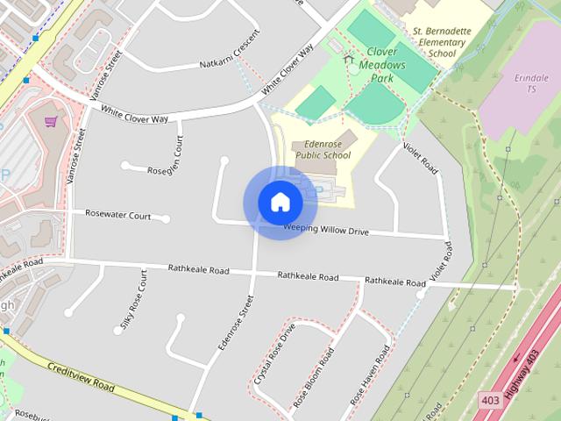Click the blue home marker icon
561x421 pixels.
point(280,203)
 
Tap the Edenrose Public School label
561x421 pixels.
point(321,149)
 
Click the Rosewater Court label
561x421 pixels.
point(117,214)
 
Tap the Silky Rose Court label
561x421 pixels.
point(134,302)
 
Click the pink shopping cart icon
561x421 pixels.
point(51,121)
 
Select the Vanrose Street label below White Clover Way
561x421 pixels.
point(76,158)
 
